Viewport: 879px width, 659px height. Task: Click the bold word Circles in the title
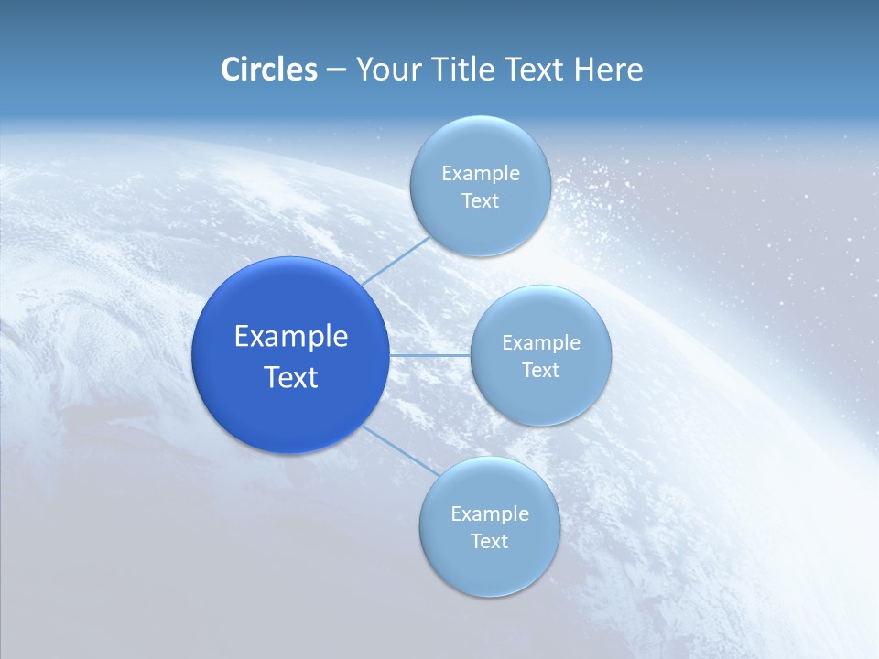[268, 70]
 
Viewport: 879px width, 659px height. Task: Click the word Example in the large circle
[291, 337]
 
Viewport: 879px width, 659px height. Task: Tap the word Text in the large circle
[291, 377]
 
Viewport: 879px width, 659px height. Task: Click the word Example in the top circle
[480, 174]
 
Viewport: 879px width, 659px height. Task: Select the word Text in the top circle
[480, 201]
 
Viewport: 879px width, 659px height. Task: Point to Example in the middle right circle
[540, 343]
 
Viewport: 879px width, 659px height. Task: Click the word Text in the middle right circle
[540, 371]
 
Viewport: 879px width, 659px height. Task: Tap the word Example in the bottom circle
[489, 514]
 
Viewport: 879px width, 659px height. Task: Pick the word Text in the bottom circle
[489, 542]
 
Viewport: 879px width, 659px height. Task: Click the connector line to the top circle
[396, 260]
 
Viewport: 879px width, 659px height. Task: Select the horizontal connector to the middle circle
[429, 355]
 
